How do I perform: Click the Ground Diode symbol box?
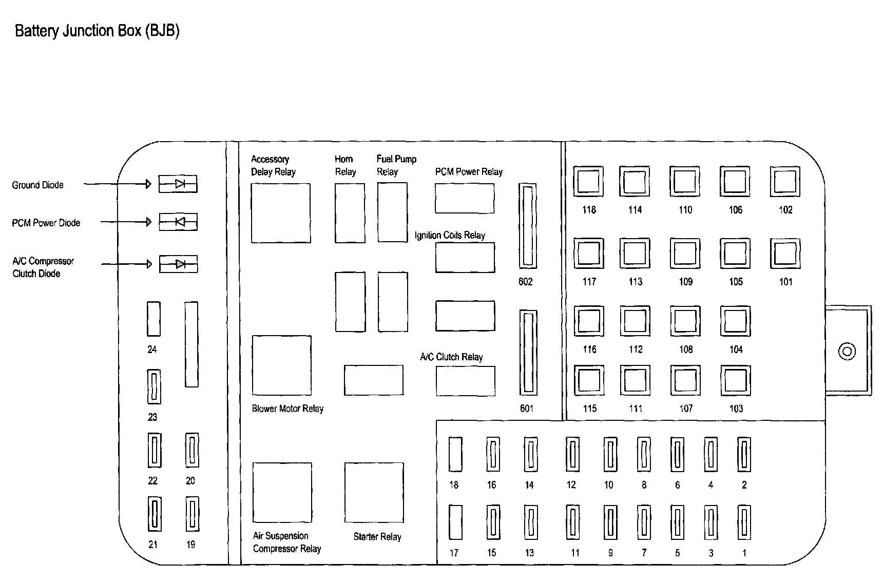tap(178, 184)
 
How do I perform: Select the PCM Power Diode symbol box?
tap(178, 222)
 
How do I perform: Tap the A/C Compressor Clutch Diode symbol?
tap(178, 264)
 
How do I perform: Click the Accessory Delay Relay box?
tap(281, 212)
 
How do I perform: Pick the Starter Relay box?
tap(374, 493)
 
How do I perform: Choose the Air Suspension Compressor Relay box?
tap(282, 493)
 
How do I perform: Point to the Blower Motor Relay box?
tap(281, 365)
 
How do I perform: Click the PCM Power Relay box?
tap(465, 198)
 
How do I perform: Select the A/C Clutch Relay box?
tap(466, 381)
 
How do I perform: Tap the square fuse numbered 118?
tap(588, 181)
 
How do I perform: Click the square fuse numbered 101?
tap(785, 254)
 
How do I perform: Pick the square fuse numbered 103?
tap(736, 380)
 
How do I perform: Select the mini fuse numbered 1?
tap(744, 522)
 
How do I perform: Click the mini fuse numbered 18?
tap(455, 454)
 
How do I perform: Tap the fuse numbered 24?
tap(153, 319)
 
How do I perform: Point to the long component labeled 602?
tap(528, 226)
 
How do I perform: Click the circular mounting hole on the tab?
tap(847, 352)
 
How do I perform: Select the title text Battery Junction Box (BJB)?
tap(97, 31)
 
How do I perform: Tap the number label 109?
tap(685, 282)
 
